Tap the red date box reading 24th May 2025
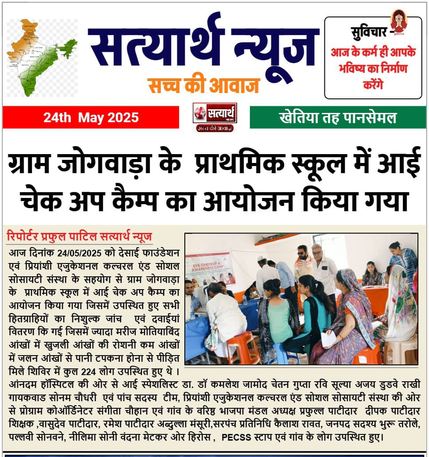(91, 118)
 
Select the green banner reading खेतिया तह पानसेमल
(337, 118)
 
